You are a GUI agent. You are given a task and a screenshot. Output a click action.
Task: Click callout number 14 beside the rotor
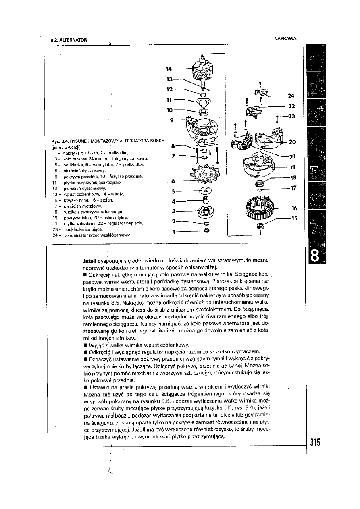169,69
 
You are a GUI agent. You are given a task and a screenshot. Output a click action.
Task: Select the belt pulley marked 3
205,210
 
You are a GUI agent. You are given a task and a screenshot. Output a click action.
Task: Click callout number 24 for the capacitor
291,96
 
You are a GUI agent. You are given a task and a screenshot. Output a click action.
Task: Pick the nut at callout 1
207,230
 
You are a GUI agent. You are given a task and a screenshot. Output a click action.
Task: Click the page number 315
315,443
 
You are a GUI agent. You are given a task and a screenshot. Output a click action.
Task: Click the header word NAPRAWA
285,38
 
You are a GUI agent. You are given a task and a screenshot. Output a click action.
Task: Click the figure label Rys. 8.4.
58,141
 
